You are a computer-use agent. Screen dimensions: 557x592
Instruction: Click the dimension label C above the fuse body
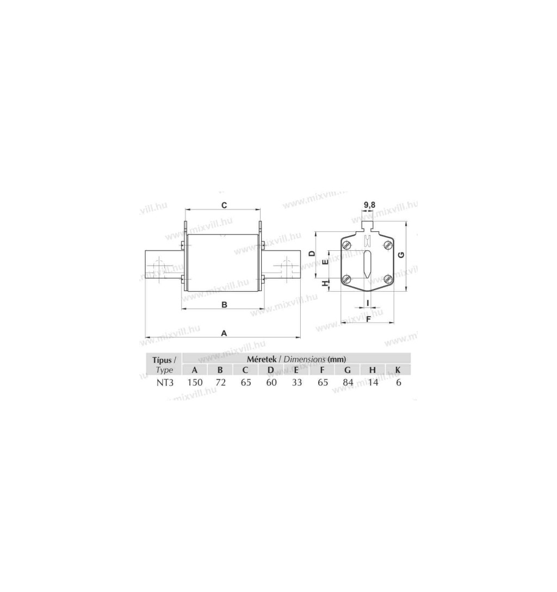coord(224,205)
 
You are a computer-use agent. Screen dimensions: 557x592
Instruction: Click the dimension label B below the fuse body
coord(224,305)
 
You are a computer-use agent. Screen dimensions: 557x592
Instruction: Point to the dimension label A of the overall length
coord(224,333)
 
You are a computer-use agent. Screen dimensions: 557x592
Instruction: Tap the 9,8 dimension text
coord(369,205)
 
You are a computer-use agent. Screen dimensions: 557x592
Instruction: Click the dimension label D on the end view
coord(312,254)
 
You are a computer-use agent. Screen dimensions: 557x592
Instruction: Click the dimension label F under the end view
coord(369,319)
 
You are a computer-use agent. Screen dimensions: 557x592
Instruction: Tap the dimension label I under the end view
coord(368,303)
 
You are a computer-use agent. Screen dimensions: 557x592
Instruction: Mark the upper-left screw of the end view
coord(347,245)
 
